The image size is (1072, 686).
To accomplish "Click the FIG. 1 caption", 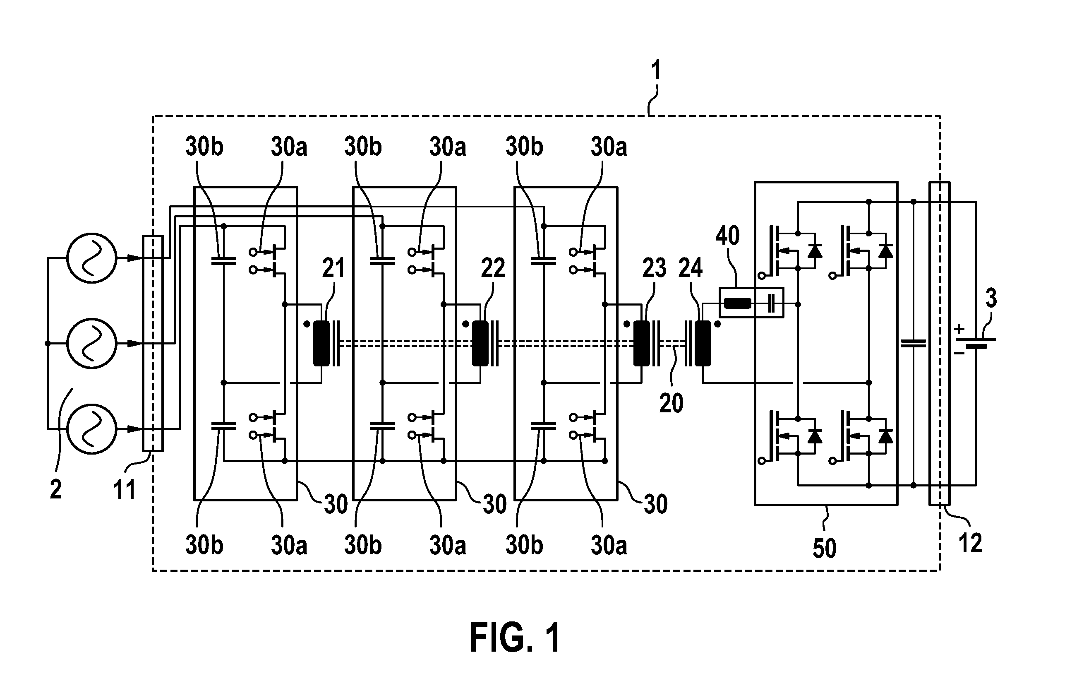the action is [x=515, y=638].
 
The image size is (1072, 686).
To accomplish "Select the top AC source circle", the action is [x=92, y=258].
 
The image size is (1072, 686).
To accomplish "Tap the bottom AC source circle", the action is [x=92, y=429].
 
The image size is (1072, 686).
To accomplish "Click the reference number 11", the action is [x=124, y=490].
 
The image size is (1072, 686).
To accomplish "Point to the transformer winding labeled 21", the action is [x=321, y=344].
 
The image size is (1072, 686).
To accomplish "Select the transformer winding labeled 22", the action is [x=480, y=344].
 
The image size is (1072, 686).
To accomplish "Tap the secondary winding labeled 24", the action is [x=703, y=344].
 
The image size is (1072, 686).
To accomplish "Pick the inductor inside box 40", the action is [x=738, y=304].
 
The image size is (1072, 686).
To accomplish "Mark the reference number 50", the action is [x=825, y=548].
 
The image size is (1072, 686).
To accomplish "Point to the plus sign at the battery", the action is [x=960, y=329].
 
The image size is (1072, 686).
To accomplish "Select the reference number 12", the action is [x=970, y=543].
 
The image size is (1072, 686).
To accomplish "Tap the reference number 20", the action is [x=671, y=403].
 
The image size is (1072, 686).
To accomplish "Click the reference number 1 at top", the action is [x=656, y=71].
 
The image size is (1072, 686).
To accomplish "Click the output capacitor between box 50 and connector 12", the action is [x=913, y=343].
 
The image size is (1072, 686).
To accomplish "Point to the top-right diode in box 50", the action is [x=885, y=251].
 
